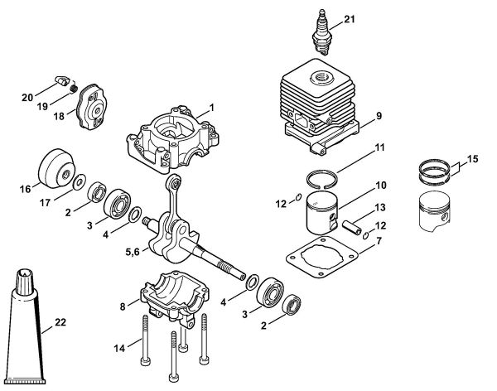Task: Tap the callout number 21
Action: pyautogui.click(x=349, y=19)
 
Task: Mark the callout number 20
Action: pyautogui.click(x=27, y=98)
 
